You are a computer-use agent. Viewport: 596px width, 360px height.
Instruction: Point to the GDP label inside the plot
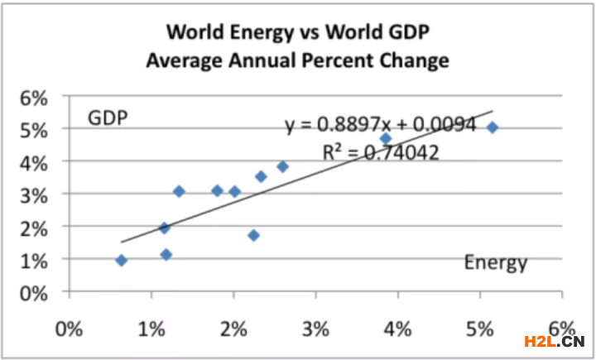(108, 118)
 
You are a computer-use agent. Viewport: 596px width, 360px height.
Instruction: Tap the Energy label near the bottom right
(495, 263)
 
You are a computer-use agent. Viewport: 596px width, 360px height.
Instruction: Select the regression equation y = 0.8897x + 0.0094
(381, 125)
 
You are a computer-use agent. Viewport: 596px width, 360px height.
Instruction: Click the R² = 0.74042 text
(380, 151)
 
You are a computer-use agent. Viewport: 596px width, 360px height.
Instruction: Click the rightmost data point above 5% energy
(493, 127)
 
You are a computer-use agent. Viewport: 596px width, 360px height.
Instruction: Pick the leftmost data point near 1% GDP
(122, 261)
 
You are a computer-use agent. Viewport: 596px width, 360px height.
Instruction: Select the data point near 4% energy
(386, 138)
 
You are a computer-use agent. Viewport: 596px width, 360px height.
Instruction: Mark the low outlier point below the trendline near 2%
(253, 236)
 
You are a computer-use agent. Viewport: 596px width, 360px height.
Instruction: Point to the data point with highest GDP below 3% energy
(282, 166)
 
